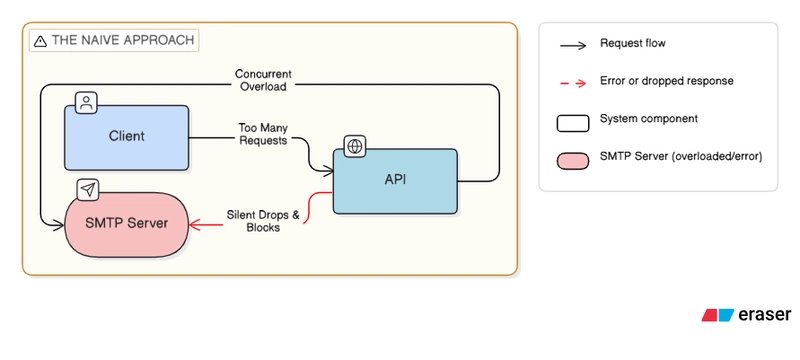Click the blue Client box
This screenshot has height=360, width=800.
tap(127, 135)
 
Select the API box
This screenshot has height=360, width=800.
tap(395, 181)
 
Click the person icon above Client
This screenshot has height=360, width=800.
tap(87, 101)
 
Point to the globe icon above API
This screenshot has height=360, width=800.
tap(354, 146)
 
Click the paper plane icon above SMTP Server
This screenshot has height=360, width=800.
tap(87, 188)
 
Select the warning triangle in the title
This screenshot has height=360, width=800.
tap(39, 41)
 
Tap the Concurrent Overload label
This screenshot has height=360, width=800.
tap(264, 80)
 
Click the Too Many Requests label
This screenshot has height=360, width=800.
tap(263, 135)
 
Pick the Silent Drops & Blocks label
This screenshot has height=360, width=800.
tap(254, 221)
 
